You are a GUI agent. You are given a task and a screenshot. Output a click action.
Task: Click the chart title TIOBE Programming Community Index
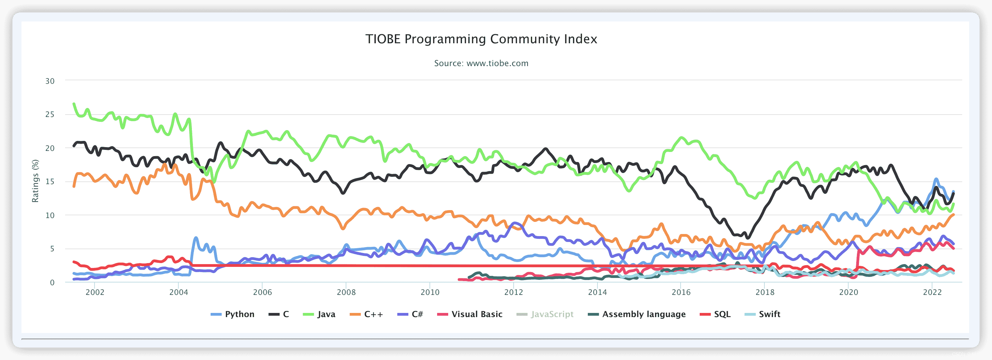481,39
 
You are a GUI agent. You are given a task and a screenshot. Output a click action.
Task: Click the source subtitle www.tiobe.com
481,63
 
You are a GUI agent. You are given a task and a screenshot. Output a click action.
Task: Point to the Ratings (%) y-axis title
35,181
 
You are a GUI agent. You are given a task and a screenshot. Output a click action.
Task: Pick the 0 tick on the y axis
52,282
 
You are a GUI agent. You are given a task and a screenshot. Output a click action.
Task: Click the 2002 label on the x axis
95,292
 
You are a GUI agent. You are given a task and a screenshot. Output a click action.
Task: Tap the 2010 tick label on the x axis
430,292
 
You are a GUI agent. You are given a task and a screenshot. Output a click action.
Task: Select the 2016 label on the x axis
681,292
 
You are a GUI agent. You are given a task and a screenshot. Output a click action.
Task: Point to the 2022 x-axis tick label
932,292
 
